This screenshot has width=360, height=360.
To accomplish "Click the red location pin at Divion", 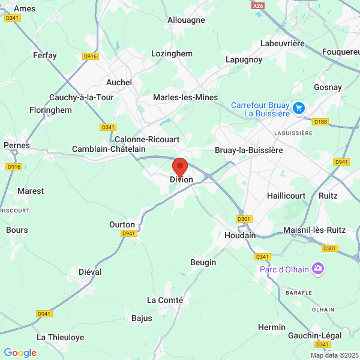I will (180, 167).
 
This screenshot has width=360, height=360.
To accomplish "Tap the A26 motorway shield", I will (258, 5).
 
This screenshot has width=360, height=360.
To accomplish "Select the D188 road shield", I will (321, 122).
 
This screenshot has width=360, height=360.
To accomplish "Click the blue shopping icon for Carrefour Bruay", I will (299, 109).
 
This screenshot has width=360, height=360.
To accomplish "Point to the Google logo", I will (20, 353).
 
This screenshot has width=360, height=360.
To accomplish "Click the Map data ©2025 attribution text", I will (334, 355).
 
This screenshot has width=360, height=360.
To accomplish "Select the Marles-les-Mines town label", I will (185, 97).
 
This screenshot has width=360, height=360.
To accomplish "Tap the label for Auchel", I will (119, 82).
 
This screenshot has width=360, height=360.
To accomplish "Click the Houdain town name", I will (240, 235).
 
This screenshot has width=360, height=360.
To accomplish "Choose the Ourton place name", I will (122, 224).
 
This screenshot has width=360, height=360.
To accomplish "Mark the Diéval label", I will (90, 272).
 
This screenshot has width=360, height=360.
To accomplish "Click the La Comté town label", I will (165, 299).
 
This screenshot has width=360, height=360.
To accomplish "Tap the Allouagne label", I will (186, 20).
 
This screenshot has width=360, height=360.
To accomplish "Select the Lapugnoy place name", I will (243, 59).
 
